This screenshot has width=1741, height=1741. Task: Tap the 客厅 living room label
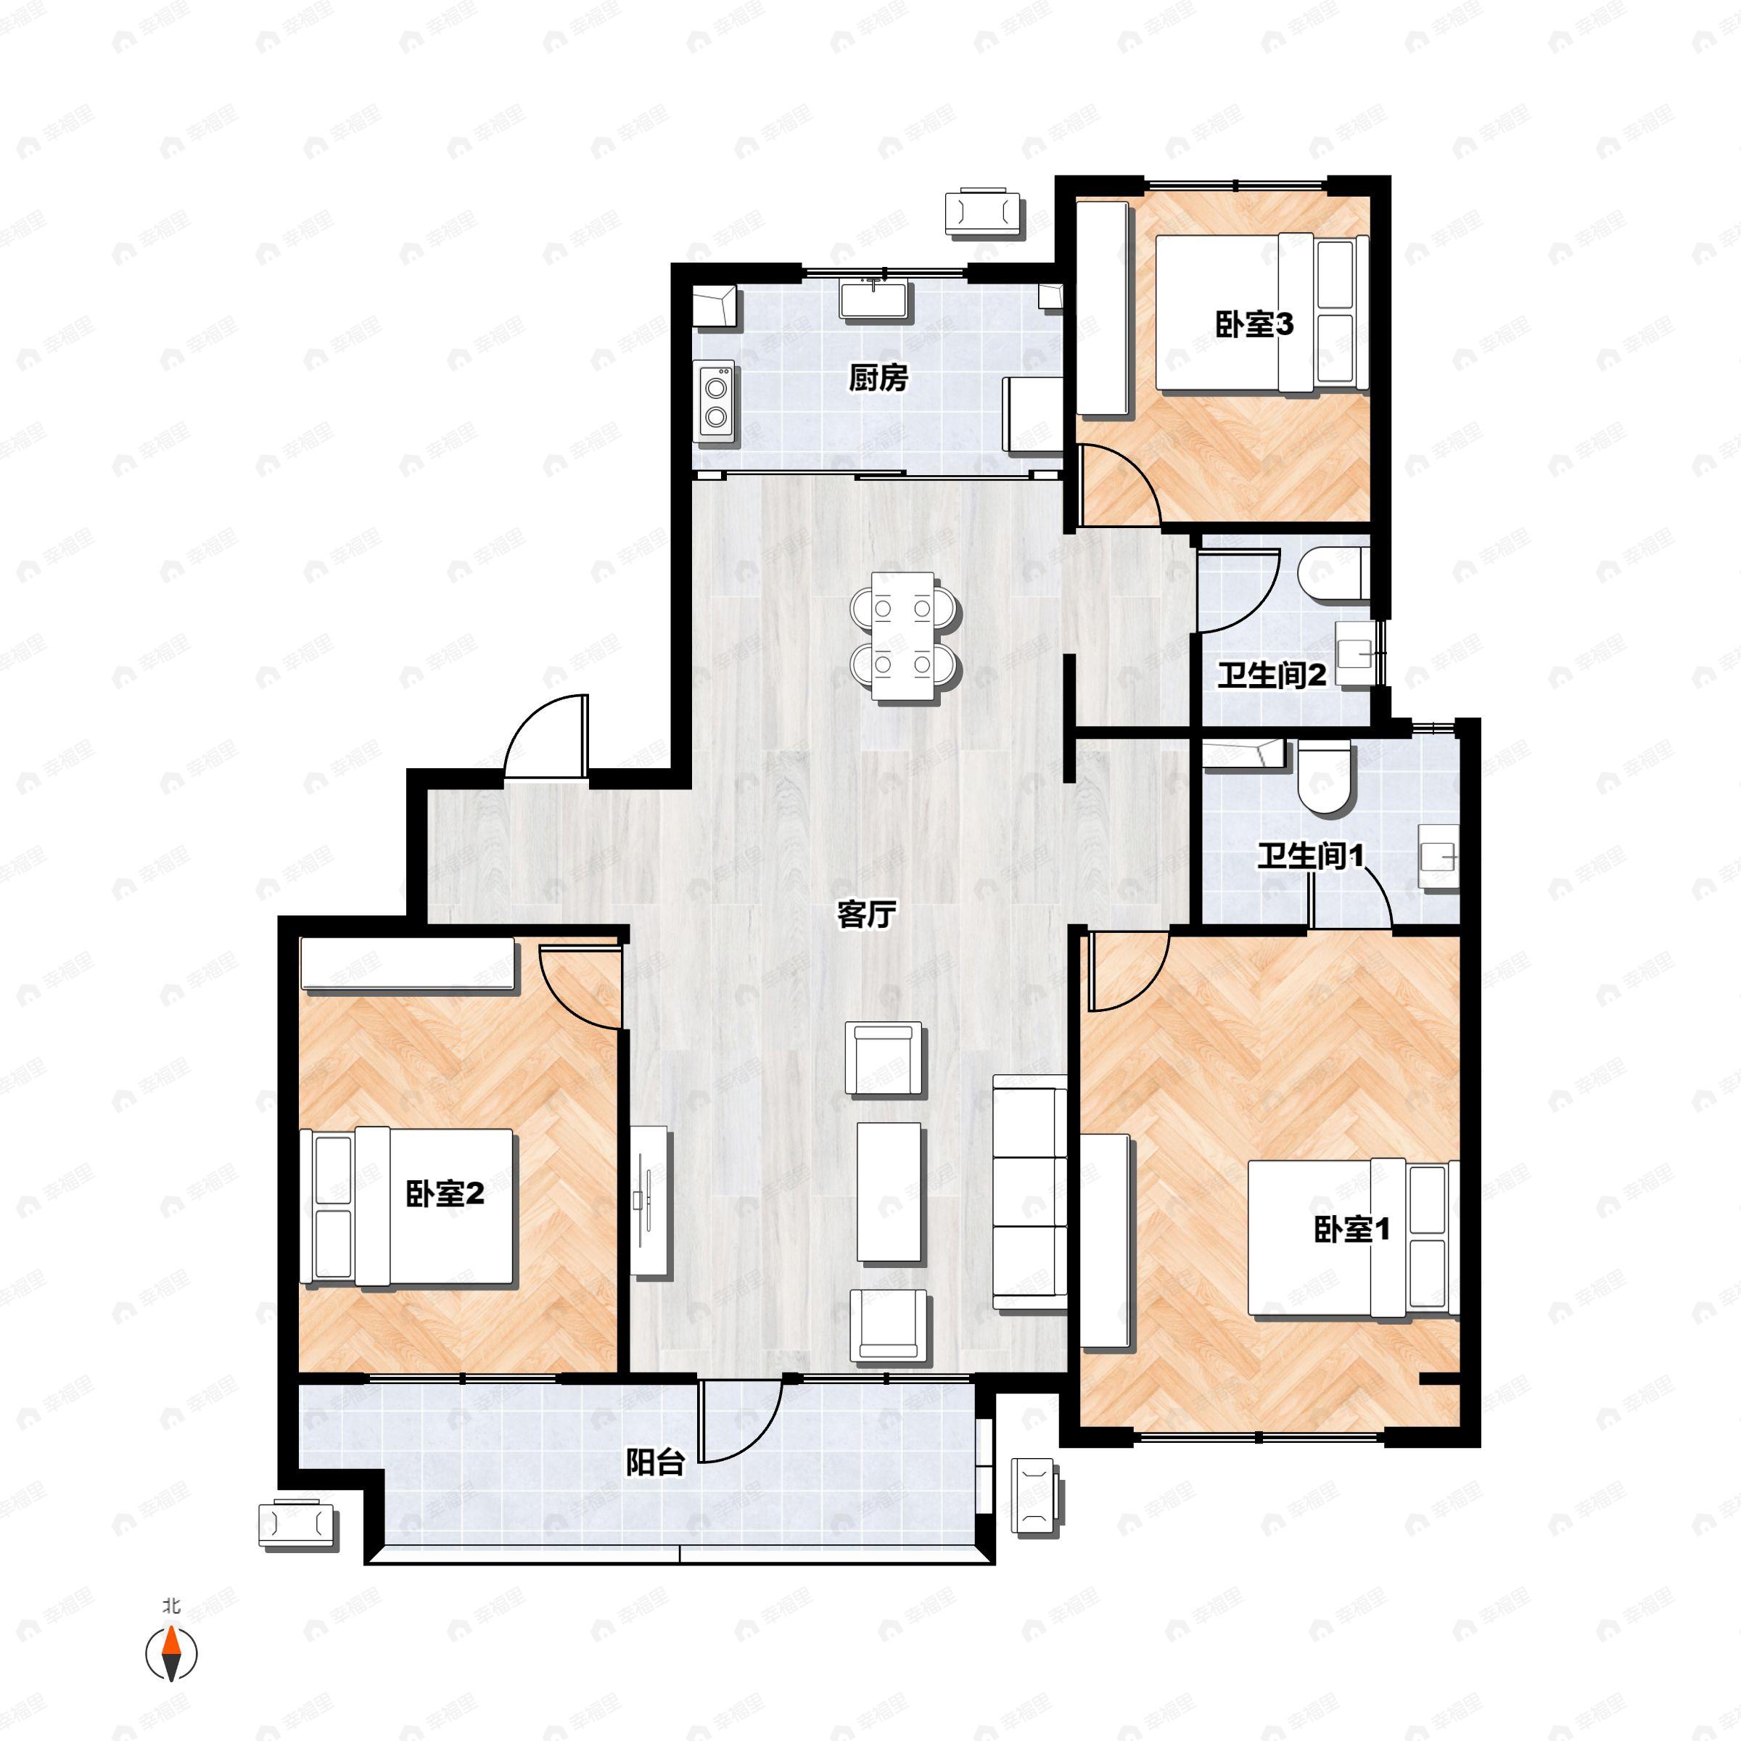point(866,915)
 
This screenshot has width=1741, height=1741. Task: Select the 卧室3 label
point(1254,324)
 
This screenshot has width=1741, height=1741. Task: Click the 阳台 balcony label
point(655,1463)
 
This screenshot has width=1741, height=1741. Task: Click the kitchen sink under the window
point(874,298)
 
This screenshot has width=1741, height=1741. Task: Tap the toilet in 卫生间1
point(1324,778)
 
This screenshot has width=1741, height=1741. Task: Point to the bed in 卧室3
point(1262,313)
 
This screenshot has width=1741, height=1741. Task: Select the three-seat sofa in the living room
point(1029,1192)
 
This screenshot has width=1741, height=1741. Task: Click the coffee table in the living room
point(889,1192)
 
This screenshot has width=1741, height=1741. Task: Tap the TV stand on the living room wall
point(649,1201)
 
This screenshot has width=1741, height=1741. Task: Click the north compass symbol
point(171,1654)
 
